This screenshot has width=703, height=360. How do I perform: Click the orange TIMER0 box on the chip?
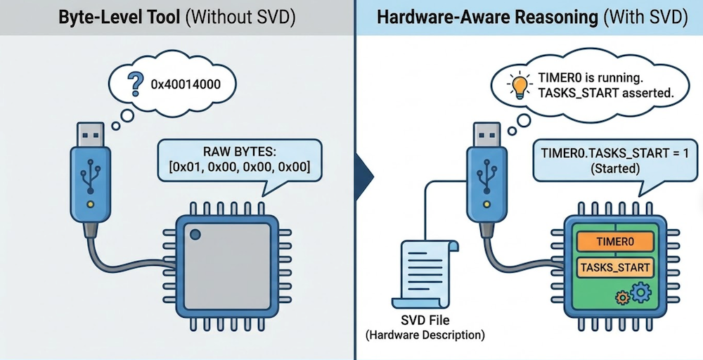614,242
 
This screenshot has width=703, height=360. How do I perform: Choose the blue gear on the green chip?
641,292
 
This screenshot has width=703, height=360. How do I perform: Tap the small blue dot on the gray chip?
195,235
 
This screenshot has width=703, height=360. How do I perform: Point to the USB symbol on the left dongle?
89,176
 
